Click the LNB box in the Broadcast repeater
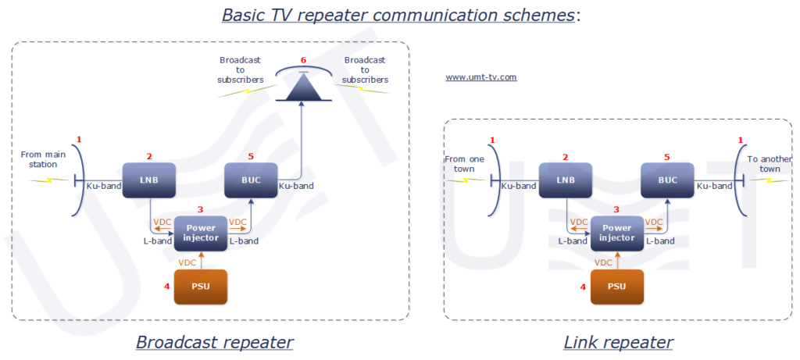149,180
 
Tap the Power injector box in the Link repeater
616,232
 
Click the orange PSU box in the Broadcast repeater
201,287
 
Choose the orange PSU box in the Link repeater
616,287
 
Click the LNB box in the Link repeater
566,180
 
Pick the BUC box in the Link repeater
668,180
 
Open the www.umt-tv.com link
480,77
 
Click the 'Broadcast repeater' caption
215,342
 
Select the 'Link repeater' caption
618,342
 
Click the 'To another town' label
766,163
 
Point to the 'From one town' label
465,163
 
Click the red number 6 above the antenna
303,60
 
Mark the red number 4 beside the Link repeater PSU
583,287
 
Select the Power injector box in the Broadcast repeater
201,232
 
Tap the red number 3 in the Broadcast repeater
200,209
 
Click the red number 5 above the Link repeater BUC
666,157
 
